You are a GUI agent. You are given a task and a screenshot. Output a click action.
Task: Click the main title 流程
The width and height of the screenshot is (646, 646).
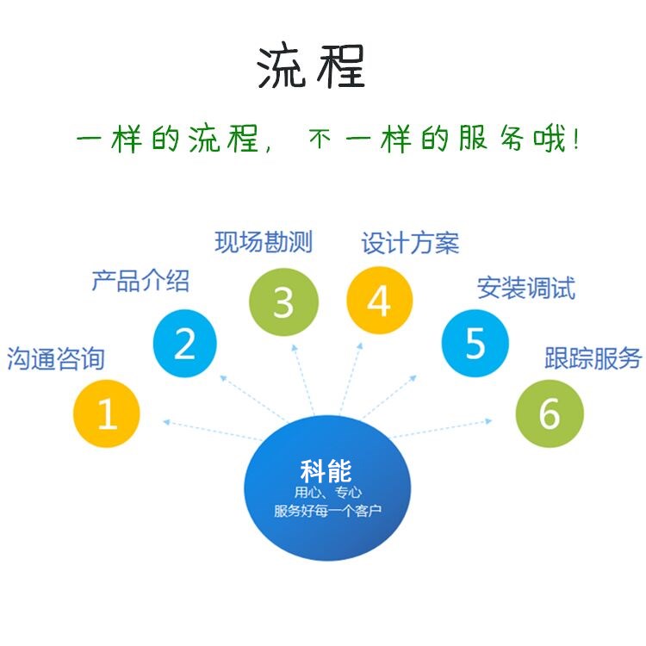coord(311,66)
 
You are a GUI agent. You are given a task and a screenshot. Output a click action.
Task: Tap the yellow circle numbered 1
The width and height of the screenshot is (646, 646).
coord(107,413)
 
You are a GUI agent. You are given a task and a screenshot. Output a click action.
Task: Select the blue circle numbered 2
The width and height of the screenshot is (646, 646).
coord(184,343)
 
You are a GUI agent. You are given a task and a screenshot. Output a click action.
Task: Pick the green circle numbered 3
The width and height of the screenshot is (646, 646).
coord(284,302)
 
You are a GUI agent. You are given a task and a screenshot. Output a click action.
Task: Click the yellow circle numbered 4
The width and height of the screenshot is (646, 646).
coord(380,301)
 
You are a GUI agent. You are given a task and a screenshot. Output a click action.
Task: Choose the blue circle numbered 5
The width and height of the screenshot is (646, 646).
coord(475,343)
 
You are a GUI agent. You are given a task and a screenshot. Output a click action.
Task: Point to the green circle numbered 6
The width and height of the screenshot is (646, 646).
coord(550,413)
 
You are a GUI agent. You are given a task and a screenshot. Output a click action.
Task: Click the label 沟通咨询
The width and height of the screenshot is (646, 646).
coord(56,358)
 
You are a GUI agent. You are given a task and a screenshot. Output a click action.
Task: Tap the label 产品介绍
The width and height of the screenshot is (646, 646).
coord(140,281)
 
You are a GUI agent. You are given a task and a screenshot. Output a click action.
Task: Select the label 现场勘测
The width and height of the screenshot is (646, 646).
coord(264,242)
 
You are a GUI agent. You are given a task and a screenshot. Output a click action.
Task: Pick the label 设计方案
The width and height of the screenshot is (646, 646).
coord(410,243)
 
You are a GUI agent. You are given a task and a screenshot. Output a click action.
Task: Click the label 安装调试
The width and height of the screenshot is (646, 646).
coord(526,288)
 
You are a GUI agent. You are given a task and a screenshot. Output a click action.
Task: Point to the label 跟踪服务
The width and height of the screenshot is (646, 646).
coord(593,358)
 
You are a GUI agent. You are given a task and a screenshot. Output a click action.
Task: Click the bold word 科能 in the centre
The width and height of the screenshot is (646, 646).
coord(326,471)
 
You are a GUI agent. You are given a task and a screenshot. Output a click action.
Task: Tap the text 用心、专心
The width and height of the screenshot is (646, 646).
coord(328,493)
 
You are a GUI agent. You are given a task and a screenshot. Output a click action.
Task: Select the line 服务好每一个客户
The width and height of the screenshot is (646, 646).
coord(327,511)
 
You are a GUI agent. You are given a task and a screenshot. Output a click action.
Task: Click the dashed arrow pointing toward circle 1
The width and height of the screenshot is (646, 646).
coord(213,431)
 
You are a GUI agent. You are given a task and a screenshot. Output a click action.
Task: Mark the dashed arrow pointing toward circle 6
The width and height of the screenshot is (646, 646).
coord(442,428)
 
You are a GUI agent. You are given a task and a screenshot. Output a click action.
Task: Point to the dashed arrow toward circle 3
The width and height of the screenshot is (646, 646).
coord(303,380)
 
